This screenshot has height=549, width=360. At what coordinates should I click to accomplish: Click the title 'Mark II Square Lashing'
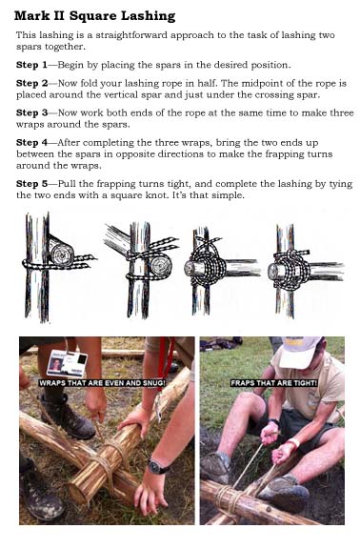(x=94, y=16)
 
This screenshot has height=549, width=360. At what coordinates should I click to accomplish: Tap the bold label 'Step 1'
(x=31, y=65)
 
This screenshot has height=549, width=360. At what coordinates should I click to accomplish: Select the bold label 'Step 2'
(x=31, y=83)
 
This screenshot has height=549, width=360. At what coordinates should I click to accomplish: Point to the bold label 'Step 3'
(x=31, y=113)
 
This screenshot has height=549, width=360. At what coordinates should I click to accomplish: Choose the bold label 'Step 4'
(x=31, y=143)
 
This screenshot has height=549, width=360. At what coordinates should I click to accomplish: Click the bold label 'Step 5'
(x=31, y=184)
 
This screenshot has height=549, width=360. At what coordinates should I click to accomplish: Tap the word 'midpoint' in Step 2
(x=258, y=84)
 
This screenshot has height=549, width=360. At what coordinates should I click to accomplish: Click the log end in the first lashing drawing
(x=62, y=254)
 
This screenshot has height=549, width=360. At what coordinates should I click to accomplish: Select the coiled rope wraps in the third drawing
(x=208, y=265)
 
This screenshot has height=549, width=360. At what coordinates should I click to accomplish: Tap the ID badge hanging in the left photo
(x=67, y=364)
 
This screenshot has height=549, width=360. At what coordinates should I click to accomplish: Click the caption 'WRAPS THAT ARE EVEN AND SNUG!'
(x=102, y=383)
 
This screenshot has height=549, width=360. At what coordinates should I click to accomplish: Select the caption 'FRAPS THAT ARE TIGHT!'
(x=274, y=383)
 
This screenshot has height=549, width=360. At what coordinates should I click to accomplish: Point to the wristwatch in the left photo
(x=157, y=467)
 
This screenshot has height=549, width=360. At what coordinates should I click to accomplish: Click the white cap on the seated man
(x=299, y=352)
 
